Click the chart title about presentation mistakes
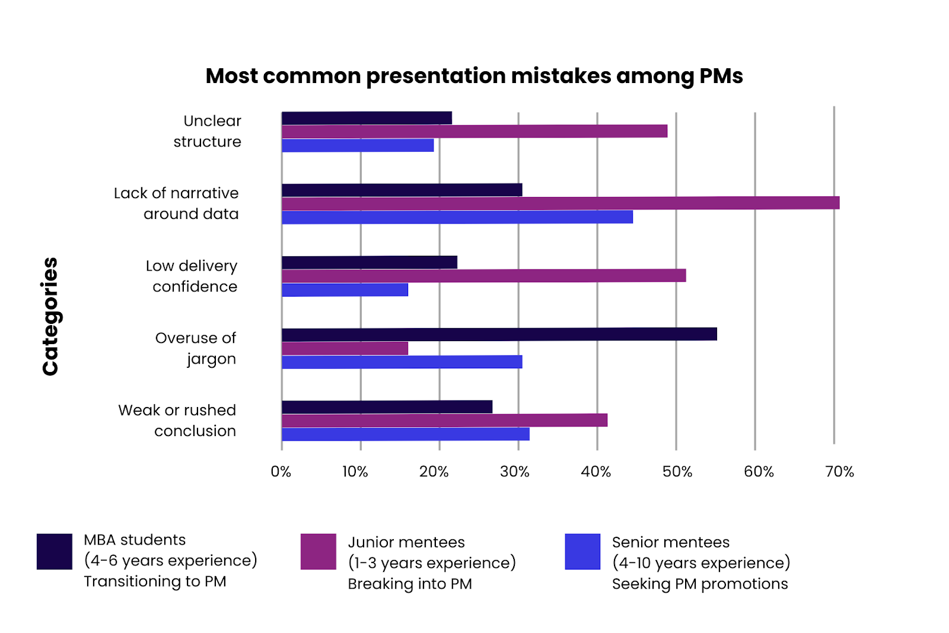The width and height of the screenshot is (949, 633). [474, 76]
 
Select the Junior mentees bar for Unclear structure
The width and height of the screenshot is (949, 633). [474, 131]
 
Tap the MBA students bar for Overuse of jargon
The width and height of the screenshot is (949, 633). [499, 335]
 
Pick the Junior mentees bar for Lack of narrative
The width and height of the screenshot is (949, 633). [561, 203]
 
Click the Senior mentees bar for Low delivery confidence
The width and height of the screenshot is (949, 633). [345, 290]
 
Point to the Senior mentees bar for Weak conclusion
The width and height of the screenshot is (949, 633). [406, 434]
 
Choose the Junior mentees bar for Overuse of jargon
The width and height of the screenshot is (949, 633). [345, 348]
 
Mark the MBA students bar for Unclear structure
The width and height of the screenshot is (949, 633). [367, 118]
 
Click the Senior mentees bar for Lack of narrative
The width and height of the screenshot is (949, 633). [457, 217]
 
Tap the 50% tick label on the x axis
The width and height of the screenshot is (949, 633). [677, 472]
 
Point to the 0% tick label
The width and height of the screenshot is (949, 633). [281, 472]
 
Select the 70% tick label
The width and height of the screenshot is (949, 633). [839, 472]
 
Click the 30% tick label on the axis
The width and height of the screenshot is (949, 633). [514, 472]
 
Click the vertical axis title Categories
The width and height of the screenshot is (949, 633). [50, 316]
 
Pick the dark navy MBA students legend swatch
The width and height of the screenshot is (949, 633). [55, 551]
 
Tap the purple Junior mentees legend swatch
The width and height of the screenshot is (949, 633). [319, 551]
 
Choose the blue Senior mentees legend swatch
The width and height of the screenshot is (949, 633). [582, 551]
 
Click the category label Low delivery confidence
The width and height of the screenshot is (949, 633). [192, 276]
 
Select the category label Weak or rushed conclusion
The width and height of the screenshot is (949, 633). [177, 421]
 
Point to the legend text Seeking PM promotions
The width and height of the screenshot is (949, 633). [700, 584]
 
